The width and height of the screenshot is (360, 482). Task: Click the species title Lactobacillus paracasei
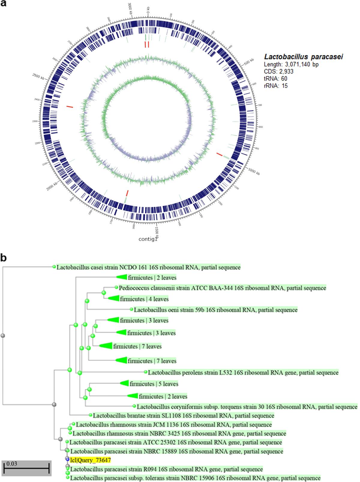[x=303, y=57]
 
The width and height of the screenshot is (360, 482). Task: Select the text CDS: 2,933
[x=278, y=71]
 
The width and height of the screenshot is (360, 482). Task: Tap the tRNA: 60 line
[x=275, y=79]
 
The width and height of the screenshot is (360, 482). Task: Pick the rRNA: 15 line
[x=275, y=86]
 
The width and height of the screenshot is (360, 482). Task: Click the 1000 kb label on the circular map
[x=254, y=171]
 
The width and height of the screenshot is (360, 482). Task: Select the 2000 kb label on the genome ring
[x=52, y=186]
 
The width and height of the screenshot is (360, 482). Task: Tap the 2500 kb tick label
[x=38, y=76]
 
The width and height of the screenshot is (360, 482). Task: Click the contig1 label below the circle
[x=148, y=239]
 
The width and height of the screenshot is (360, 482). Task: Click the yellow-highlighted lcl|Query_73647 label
[x=90, y=460]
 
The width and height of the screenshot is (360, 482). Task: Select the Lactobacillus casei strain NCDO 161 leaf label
[x=148, y=267]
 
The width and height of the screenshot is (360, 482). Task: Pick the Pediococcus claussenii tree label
[x=222, y=288]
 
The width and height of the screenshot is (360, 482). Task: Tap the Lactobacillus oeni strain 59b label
[x=216, y=310]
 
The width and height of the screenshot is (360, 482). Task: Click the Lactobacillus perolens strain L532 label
[x=243, y=373]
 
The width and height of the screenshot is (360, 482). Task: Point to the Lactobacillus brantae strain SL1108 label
[x=183, y=416]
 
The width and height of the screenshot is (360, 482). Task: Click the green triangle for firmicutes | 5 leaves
[x=125, y=383]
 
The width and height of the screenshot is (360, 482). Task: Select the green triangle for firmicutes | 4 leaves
[x=114, y=298]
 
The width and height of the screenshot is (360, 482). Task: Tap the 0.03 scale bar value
[x=12, y=464]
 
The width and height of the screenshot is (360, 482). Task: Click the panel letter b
[x=4, y=258]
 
